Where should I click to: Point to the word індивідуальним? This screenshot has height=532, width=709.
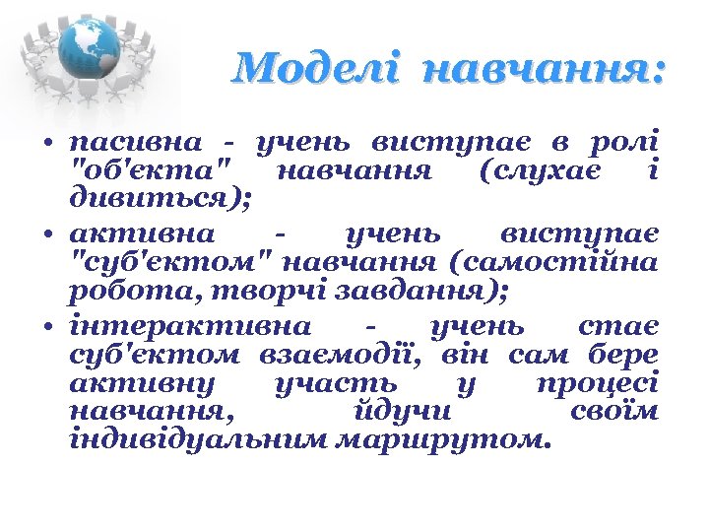tap(198, 438)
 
